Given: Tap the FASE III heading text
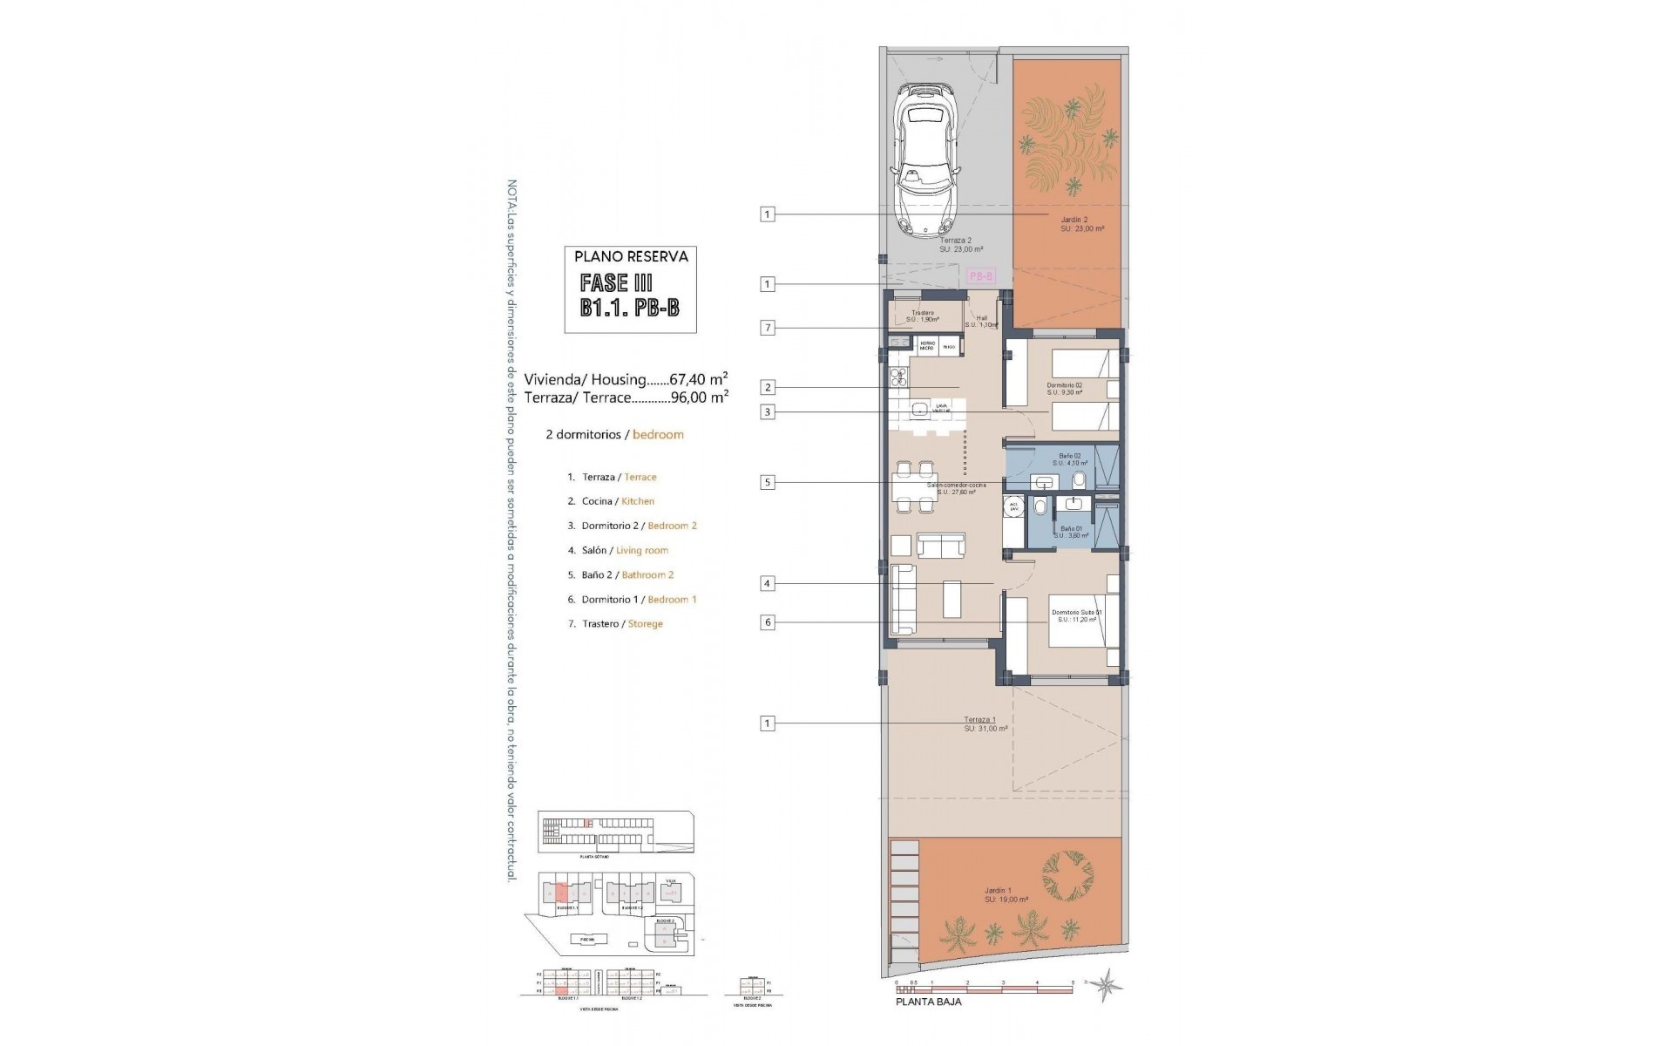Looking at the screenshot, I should [x=616, y=283].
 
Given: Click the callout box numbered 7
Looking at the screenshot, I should [x=767, y=329].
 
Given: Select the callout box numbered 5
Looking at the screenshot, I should [x=767, y=482].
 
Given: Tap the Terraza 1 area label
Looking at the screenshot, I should [x=979, y=720].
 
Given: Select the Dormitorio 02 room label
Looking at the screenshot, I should [x=1064, y=384].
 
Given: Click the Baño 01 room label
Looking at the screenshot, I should [x=1071, y=529].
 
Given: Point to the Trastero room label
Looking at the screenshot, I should [x=923, y=313].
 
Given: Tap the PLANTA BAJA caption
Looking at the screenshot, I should [x=929, y=1002].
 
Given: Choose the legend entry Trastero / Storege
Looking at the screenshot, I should [x=621, y=624].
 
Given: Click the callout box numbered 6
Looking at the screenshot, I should [x=767, y=623].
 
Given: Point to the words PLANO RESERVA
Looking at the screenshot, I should [x=631, y=257].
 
